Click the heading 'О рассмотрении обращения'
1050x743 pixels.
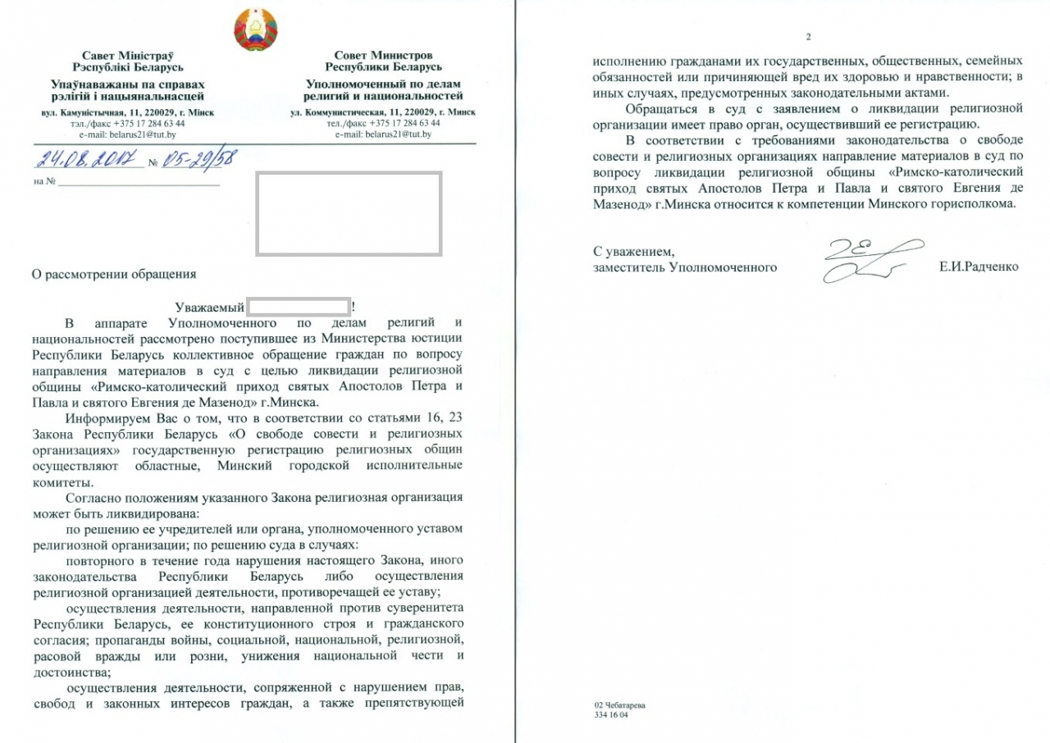pos(114,275)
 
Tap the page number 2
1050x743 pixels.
pos(808,37)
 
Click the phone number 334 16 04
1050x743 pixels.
pos(611,715)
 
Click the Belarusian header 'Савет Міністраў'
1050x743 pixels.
pos(133,55)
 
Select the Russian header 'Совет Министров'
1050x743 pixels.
pos(383,55)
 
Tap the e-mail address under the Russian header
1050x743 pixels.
pos(383,133)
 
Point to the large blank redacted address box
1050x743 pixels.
pos(349,212)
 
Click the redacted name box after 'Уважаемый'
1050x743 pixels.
pos(299,308)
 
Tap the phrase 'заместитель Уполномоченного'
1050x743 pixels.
pos(685,267)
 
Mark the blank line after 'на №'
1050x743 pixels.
pos(139,181)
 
